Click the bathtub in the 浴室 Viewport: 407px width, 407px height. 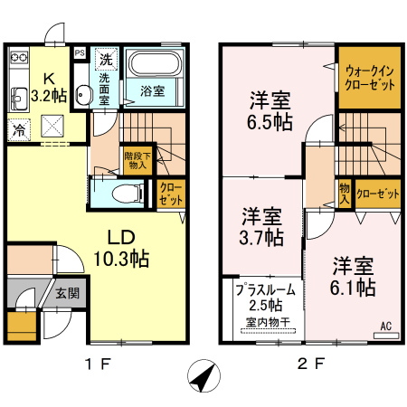coord(155,63)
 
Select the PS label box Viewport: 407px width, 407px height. coord(80,53)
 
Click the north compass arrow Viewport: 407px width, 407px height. coord(203,375)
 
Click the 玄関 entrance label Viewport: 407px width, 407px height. coord(67,293)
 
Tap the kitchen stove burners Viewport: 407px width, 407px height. coord(19,57)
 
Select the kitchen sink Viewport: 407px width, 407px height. coord(20,99)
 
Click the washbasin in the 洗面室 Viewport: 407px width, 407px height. coord(83,95)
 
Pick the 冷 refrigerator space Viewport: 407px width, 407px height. coord(19,129)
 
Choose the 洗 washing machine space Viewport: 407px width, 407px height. coord(106,59)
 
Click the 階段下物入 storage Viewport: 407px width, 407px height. coord(137,161)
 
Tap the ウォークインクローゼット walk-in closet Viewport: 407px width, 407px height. coord(370,78)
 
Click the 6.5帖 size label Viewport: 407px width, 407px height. coord(270,122)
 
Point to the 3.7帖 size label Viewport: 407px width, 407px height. coord(261,237)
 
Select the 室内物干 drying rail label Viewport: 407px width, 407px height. coord(268,322)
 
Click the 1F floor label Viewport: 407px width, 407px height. coord(99,364)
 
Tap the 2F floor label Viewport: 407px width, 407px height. coord(311,364)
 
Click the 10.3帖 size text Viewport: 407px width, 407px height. coord(121,258)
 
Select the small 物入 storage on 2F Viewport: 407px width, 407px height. coord(345,194)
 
